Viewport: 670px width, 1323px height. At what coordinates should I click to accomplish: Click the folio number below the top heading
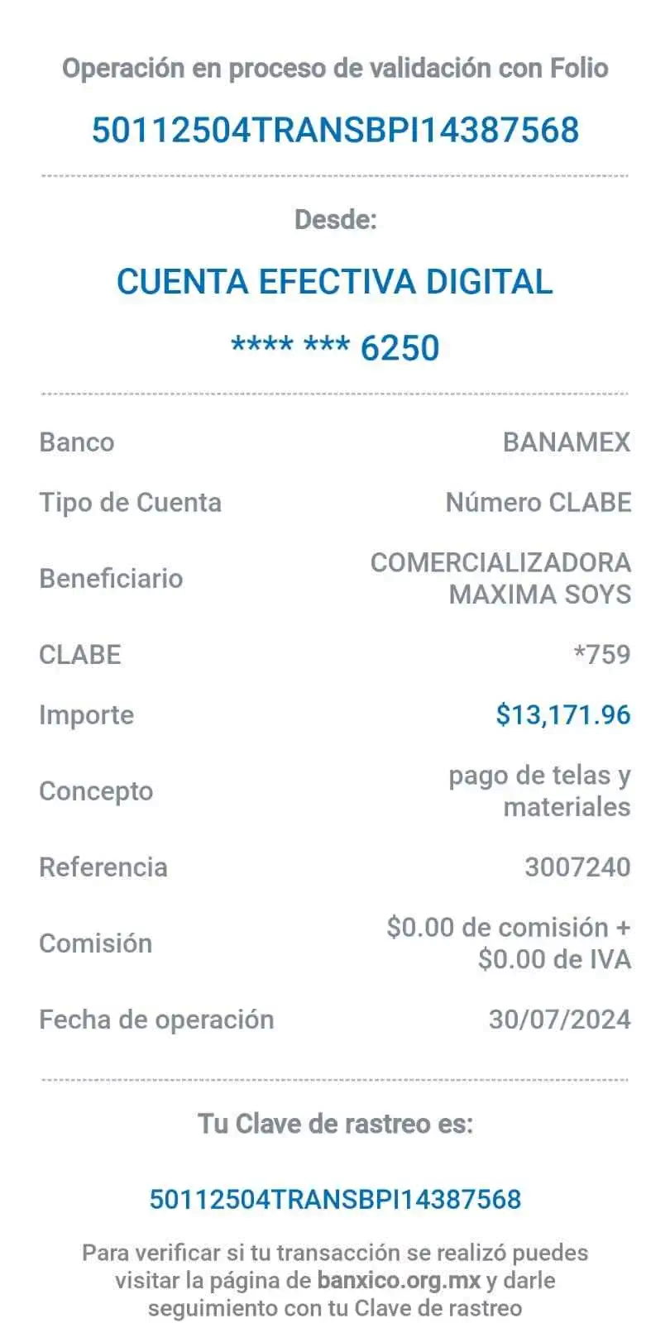[x=335, y=130]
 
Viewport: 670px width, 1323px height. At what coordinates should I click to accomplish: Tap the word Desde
[x=336, y=220]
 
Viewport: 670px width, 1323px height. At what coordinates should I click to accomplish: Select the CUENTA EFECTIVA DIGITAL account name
[x=335, y=281]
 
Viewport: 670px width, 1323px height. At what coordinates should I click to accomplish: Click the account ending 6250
[x=335, y=346]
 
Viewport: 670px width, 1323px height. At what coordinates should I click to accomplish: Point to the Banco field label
[x=77, y=442]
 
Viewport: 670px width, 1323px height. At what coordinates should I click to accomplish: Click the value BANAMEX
[x=567, y=442]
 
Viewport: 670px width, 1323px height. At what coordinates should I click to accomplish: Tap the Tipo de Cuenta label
[x=131, y=504]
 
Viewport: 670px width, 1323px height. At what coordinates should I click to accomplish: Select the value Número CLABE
[x=538, y=504]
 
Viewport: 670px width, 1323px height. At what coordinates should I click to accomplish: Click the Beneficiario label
[x=111, y=579]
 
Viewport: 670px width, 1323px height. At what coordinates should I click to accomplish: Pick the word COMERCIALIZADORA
[x=500, y=563]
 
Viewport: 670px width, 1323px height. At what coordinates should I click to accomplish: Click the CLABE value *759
[x=602, y=655]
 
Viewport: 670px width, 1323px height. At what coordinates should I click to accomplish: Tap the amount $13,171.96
[x=563, y=715]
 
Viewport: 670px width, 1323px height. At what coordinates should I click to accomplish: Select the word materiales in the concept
[x=567, y=807]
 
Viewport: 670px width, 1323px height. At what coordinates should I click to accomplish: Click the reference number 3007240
[x=577, y=867]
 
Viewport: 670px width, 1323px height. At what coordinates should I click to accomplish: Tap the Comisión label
[x=96, y=943]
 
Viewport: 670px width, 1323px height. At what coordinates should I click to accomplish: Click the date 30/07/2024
[x=559, y=1020]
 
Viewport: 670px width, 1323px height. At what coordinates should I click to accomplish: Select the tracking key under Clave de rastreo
[x=335, y=1200]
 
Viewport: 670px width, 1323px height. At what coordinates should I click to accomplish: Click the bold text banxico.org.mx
[x=399, y=1281]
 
